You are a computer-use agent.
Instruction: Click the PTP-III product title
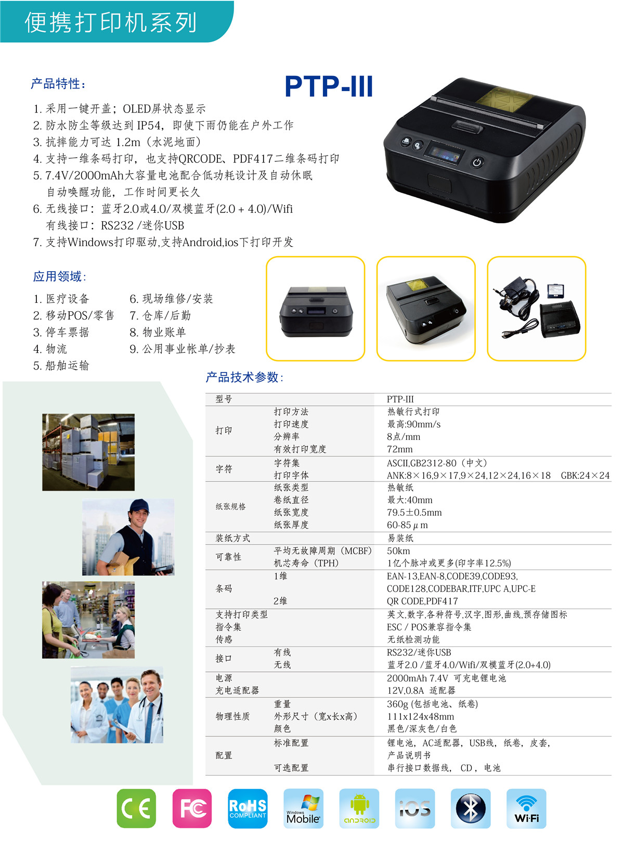[329, 86]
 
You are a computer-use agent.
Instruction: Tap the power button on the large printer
[477, 162]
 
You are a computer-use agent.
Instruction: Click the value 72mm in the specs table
[399, 449]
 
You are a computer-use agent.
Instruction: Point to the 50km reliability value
[398, 551]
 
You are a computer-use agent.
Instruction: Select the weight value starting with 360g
[432, 704]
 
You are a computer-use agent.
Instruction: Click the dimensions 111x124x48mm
[420, 716]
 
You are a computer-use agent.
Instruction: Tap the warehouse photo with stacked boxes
[88, 452]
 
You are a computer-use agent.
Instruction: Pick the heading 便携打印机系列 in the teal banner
[110, 22]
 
